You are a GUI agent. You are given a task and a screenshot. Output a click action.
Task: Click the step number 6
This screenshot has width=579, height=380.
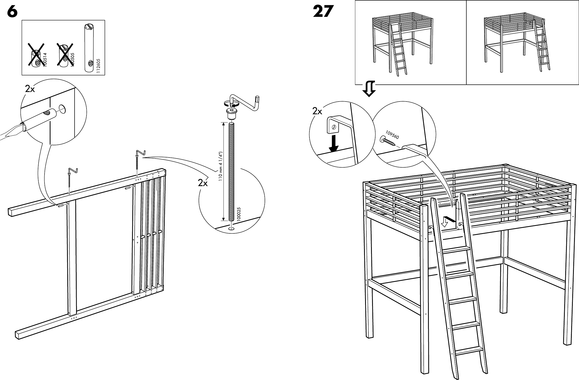[x=12, y=12]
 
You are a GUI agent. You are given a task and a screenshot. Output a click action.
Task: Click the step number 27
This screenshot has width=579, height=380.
[x=322, y=12]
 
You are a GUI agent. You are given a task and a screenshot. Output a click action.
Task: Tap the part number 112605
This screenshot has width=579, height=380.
[x=98, y=66]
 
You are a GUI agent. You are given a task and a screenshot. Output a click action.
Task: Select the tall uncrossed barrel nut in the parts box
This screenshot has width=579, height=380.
[x=89, y=48]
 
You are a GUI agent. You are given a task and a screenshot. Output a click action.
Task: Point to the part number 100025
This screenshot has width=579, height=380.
[x=239, y=214]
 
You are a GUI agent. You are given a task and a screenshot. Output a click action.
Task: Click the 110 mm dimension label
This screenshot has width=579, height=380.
[x=220, y=166]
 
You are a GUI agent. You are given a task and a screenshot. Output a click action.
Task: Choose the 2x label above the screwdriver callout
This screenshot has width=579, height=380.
[x=30, y=89]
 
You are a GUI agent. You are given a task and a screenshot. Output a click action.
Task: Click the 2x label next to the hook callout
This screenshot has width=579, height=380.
[x=317, y=111]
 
